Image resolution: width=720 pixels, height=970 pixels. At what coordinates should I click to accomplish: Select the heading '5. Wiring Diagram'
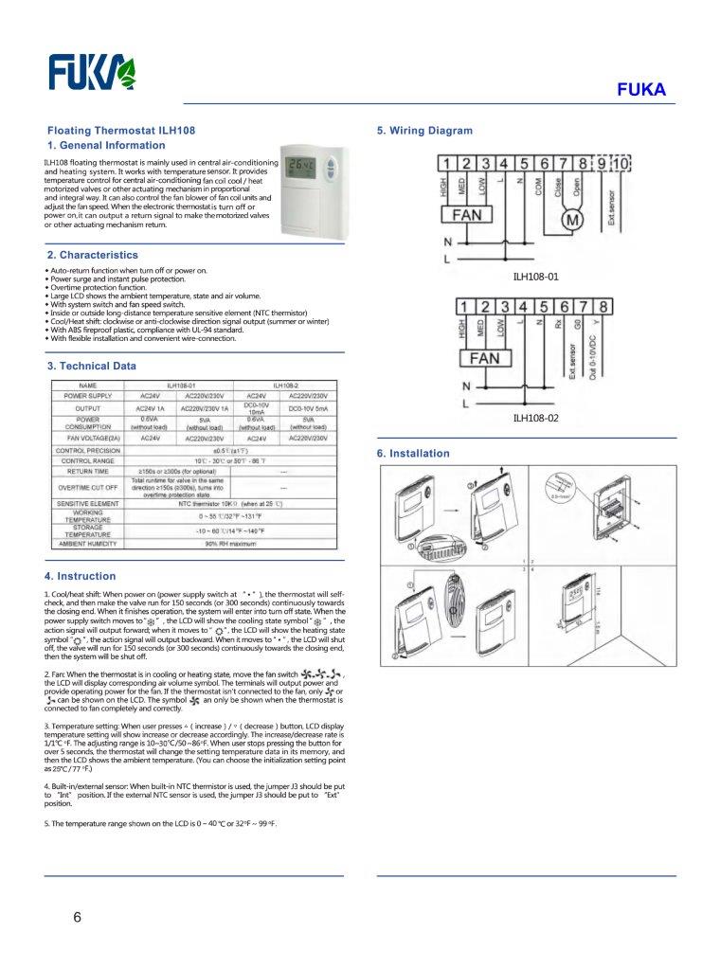(x=424, y=131)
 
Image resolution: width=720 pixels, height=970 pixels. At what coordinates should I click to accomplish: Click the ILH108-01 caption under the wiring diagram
(x=536, y=278)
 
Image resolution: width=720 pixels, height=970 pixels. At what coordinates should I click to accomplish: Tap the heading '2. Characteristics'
(x=93, y=256)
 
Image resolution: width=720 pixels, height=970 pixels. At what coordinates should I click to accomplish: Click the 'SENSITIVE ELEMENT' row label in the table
(x=88, y=503)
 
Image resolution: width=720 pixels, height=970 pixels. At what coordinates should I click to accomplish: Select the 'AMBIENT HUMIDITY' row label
(x=88, y=544)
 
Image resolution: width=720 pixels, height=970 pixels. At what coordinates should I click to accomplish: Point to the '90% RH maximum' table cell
(x=231, y=544)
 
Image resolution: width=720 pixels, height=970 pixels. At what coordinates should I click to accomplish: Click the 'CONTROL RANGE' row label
(x=88, y=460)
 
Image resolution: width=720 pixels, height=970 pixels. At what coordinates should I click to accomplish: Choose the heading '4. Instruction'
(x=81, y=576)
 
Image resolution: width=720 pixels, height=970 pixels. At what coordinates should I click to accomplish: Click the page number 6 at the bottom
(x=77, y=917)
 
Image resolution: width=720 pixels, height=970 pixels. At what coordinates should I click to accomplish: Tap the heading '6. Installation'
(x=413, y=454)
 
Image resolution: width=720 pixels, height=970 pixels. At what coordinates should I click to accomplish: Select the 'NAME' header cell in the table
(x=88, y=386)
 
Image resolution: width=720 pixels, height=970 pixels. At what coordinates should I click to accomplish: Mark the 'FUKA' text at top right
(x=641, y=91)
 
